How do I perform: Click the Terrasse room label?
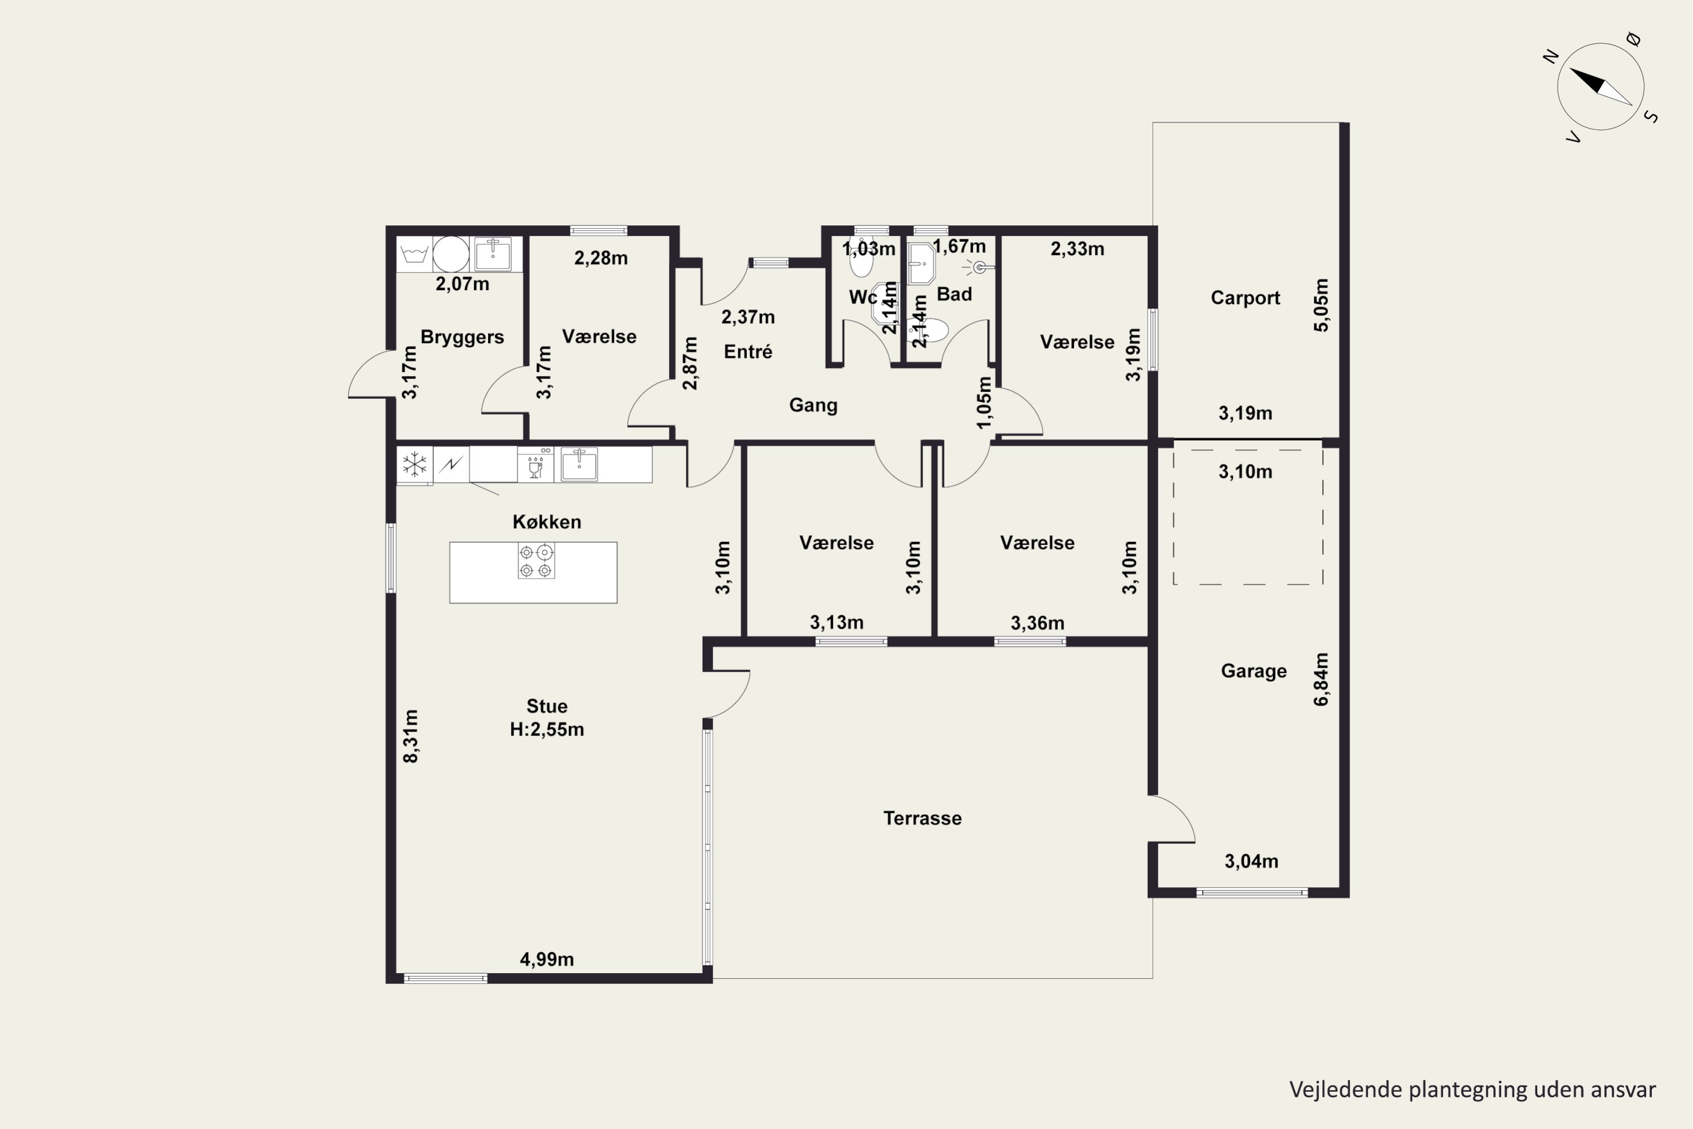tap(922, 818)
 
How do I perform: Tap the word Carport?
tap(1245, 298)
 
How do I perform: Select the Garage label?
tap(1253, 671)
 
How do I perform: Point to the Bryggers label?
tap(462, 338)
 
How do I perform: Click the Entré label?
tap(748, 351)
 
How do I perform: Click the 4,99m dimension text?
tap(547, 959)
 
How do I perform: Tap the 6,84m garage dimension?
tap(1321, 679)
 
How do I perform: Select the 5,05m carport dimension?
tap(1321, 305)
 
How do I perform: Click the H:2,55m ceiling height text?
tap(547, 729)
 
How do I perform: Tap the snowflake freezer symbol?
tap(415, 465)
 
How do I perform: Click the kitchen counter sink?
tap(579, 463)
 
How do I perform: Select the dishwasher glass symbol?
tap(535, 467)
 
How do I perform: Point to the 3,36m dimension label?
tap(1037, 623)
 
